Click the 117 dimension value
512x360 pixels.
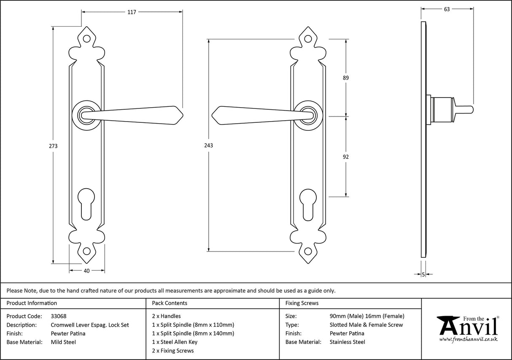[x=132, y=12]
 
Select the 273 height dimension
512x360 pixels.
[x=53, y=146]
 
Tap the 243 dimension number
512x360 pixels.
[x=209, y=145]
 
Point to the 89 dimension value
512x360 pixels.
[x=346, y=78]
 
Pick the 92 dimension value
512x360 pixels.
[x=346, y=157]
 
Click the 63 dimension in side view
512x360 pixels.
[x=447, y=9]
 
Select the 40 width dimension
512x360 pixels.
[x=87, y=271]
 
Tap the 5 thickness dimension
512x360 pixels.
[x=423, y=275]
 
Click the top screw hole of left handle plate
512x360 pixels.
[x=86, y=38]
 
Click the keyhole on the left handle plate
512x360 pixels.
[x=86, y=204]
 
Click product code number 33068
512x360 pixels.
[x=59, y=316]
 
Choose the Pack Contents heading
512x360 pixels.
[x=170, y=303]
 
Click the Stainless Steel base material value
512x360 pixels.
[x=348, y=342]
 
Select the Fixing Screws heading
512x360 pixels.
[x=302, y=303]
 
